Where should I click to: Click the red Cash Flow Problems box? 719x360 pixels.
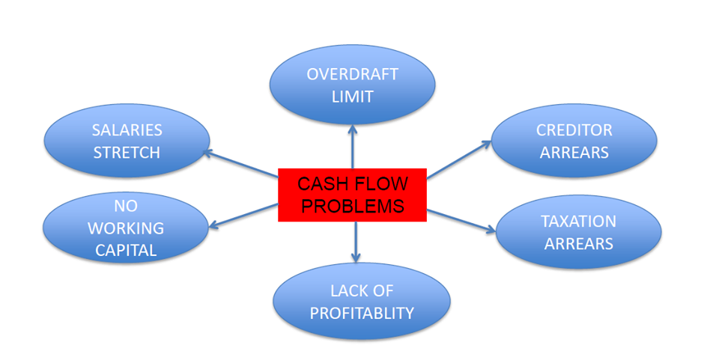pyautogui.click(x=352, y=195)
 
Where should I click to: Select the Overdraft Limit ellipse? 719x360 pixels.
pyautogui.click(x=352, y=85)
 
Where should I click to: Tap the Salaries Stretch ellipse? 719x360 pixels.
pyautogui.click(x=127, y=141)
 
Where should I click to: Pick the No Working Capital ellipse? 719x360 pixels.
pyautogui.click(x=126, y=228)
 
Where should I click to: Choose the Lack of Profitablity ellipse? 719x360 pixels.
pyautogui.click(x=362, y=302)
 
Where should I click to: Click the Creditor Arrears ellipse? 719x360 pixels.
pyautogui.click(x=574, y=141)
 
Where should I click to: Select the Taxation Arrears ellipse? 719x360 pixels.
pyautogui.click(x=578, y=232)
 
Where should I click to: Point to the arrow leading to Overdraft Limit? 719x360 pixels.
pyautogui.click(x=352, y=146)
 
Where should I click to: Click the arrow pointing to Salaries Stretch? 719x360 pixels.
pyautogui.click(x=241, y=166)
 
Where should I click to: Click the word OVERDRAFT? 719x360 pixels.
pyautogui.click(x=352, y=75)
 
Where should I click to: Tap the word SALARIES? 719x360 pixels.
pyautogui.click(x=127, y=130)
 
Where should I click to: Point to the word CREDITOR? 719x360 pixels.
pyautogui.click(x=574, y=130)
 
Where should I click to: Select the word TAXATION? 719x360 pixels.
pyautogui.click(x=578, y=222)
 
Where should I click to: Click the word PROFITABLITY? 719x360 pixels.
pyautogui.click(x=362, y=313)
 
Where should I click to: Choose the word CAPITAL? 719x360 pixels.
pyautogui.click(x=126, y=250)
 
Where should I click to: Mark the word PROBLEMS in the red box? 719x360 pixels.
pyautogui.click(x=352, y=206)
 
